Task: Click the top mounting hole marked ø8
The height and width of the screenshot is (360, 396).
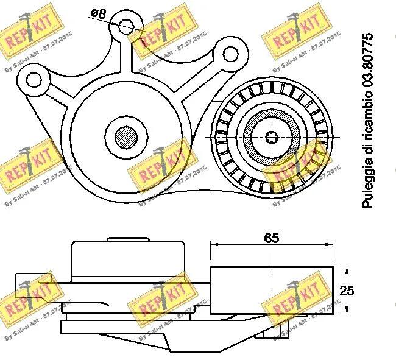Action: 126,26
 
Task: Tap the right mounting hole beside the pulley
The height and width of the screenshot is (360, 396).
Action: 231,54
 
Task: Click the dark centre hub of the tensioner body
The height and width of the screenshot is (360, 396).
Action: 126,135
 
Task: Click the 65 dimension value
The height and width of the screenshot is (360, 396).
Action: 272,238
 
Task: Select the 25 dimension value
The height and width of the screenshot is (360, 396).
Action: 346,291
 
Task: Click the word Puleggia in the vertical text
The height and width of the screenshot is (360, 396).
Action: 367,188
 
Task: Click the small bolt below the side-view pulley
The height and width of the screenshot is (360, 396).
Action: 268,331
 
